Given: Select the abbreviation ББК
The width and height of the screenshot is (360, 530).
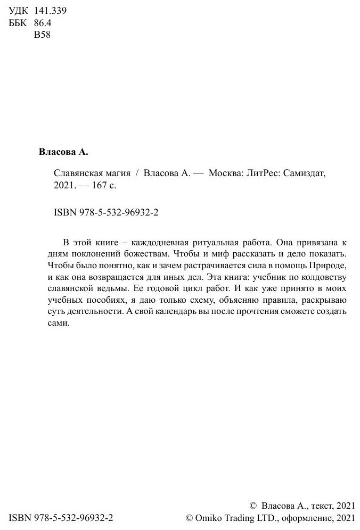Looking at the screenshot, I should pyautogui.click(x=19, y=23).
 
